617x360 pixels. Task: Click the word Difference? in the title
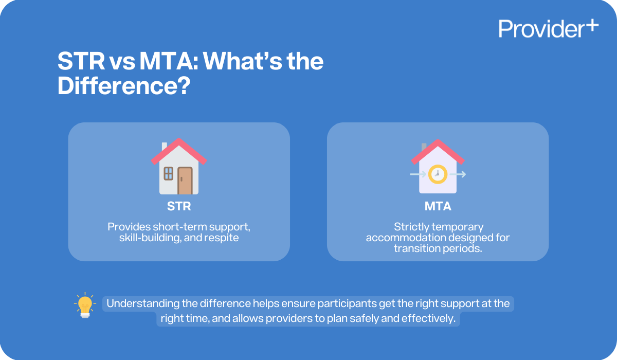(x=121, y=85)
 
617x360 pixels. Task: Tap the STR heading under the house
(x=179, y=207)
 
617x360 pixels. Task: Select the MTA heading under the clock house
(x=438, y=207)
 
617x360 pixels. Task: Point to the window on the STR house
(x=169, y=173)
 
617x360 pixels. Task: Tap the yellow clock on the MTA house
(x=438, y=174)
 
